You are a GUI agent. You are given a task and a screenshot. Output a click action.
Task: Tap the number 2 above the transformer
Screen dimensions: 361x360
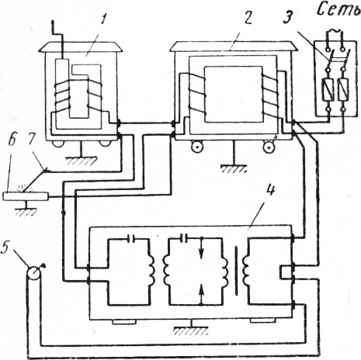[x=248, y=17]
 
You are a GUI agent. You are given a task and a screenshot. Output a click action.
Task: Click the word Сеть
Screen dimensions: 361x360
[x=339, y=9]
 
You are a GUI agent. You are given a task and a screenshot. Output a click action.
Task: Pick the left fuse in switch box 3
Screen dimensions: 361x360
[x=328, y=90]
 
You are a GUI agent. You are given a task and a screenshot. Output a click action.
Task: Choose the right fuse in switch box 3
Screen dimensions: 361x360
[x=344, y=90]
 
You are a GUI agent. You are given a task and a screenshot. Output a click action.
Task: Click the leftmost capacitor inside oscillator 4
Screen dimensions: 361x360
[x=132, y=239]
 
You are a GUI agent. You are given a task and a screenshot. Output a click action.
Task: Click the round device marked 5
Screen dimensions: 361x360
[x=34, y=272]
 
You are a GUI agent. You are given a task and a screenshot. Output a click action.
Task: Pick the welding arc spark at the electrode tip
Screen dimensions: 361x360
[x=19, y=189]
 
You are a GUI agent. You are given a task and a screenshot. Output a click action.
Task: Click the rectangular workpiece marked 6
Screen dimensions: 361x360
[x=26, y=196]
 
